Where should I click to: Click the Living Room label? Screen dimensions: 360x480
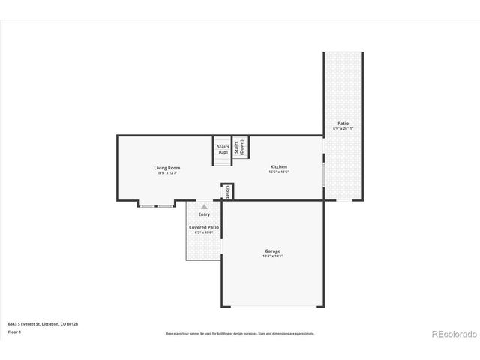click(167, 168)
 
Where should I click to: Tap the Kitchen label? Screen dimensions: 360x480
click(278, 167)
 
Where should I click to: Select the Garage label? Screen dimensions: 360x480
click(272, 251)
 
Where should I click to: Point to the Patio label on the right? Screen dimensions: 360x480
click(343, 124)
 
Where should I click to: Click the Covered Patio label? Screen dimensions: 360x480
click(204, 227)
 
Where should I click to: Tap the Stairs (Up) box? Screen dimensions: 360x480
click(223, 149)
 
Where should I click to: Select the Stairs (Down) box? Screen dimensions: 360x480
click(239, 147)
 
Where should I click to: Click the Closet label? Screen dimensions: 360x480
click(227, 193)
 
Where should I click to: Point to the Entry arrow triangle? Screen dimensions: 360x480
click(204, 205)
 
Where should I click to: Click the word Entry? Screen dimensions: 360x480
click(204, 214)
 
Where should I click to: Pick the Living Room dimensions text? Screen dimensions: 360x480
click(167, 173)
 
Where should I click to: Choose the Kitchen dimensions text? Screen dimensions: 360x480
click(278, 172)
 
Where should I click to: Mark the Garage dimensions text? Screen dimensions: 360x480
click(272, 256)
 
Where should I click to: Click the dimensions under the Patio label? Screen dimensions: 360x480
click(343, 129)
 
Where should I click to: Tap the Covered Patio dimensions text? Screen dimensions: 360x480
click(204, 232)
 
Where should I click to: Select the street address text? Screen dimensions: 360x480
click(43, 323)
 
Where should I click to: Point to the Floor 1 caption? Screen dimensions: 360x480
click(14, 331)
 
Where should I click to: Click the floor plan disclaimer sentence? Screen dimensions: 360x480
click(240, 333)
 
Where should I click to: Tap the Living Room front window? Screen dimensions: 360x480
click(156, 205)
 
